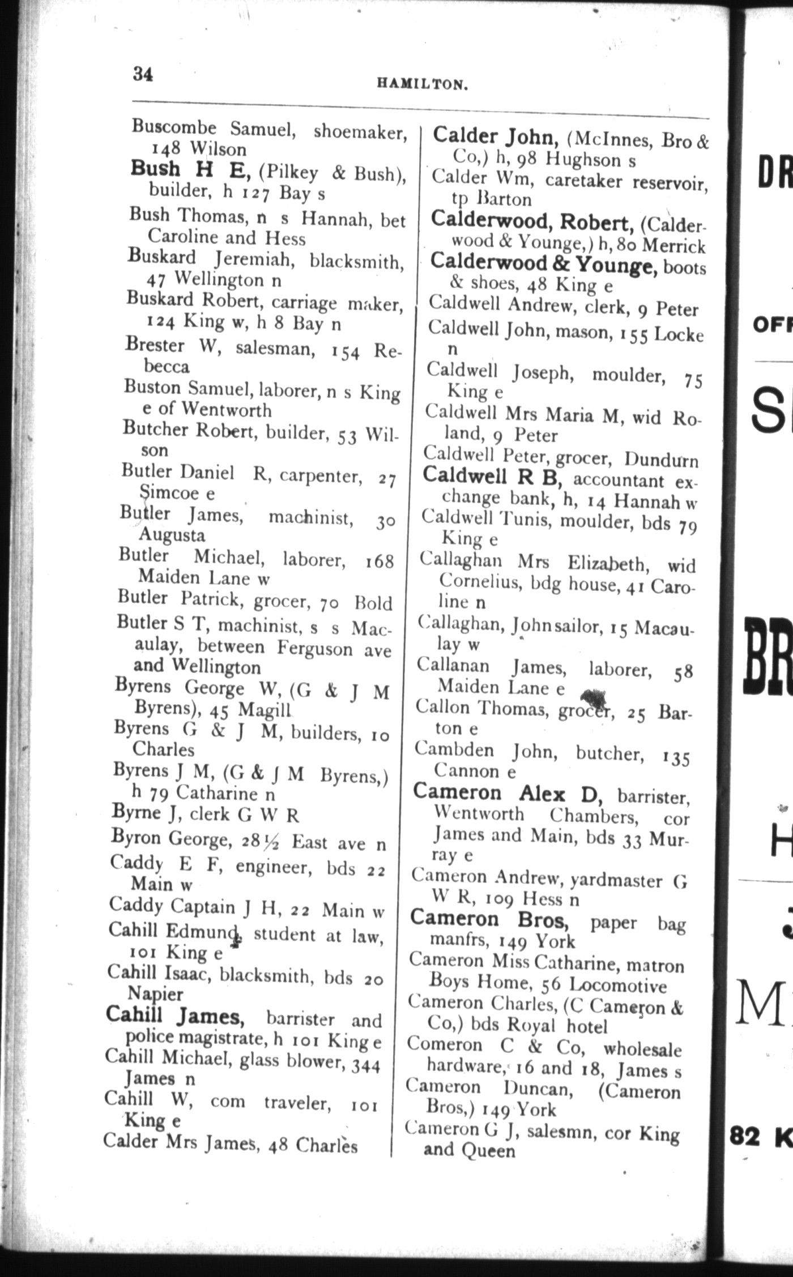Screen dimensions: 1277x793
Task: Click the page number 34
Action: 143,74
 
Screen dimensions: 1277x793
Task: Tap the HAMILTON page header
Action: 423,85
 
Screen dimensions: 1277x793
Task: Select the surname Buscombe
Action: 174,127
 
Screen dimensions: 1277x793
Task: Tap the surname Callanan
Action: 453,666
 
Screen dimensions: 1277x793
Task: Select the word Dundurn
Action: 661,459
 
